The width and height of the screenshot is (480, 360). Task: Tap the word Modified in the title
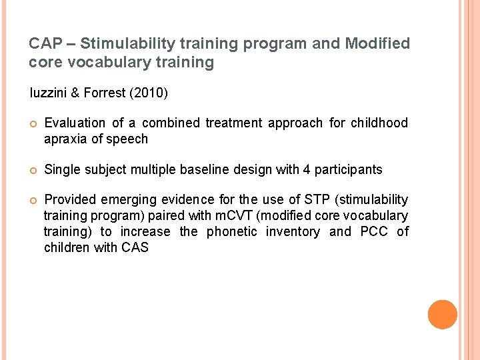[377, 44]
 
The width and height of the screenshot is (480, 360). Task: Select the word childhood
[378, 123]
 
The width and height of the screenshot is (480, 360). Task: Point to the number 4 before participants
[306, 169]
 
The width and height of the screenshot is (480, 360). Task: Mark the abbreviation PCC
[374, 231]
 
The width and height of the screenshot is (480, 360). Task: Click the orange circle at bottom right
[442, 315]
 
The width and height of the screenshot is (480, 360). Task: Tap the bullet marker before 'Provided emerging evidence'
[32, 200]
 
